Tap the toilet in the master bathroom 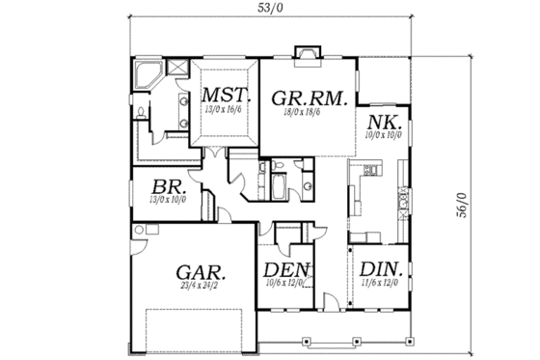[141, 115]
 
